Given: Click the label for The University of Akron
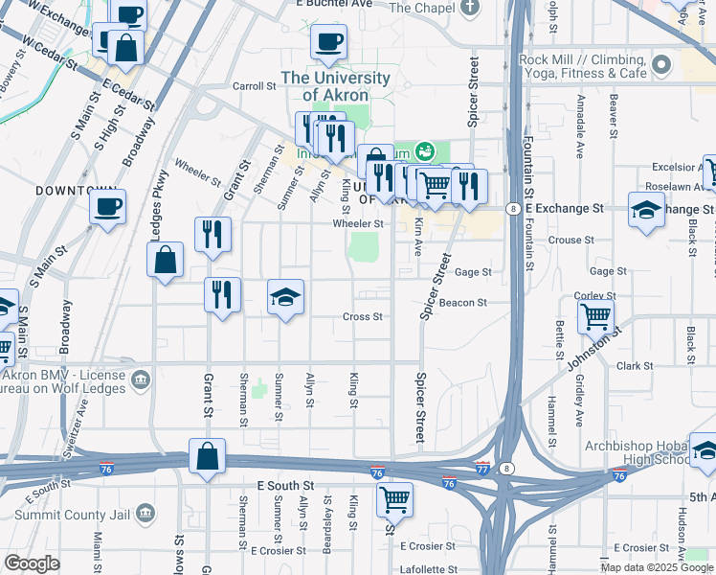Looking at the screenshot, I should pyautogui.click(x=334, y=85).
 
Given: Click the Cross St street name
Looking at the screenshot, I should pyautogui.click(x=363, y=316).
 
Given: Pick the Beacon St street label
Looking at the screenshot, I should pyautogui.click(x=463, y=303).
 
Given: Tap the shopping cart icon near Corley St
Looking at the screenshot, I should pyautogui.click(x=596, y=314).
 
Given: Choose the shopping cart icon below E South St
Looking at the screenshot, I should pyautogui.click(x=393, y=498).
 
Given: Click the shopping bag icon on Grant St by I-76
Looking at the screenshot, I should pyautogui.click(x=207, y=457).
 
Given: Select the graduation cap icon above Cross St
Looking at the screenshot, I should pyautogui.click(x=285, y=298).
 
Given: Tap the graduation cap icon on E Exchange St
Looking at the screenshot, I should pyautogui.click(x=646, y=210).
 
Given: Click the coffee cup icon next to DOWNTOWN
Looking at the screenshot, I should pyautogui.click(x=108, y=206).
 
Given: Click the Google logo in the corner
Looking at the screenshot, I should pyautogui.click(x=32, y=563).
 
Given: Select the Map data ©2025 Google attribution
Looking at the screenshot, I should pyautogui.click(x=657, y=567).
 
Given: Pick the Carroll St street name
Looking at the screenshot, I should pyautogui.click(x=254, y=85).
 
